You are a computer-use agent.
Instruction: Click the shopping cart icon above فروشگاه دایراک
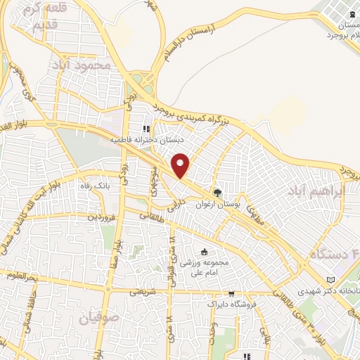[x=231, y=294]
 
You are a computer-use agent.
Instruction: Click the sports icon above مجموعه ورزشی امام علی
[x=205, y=252]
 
